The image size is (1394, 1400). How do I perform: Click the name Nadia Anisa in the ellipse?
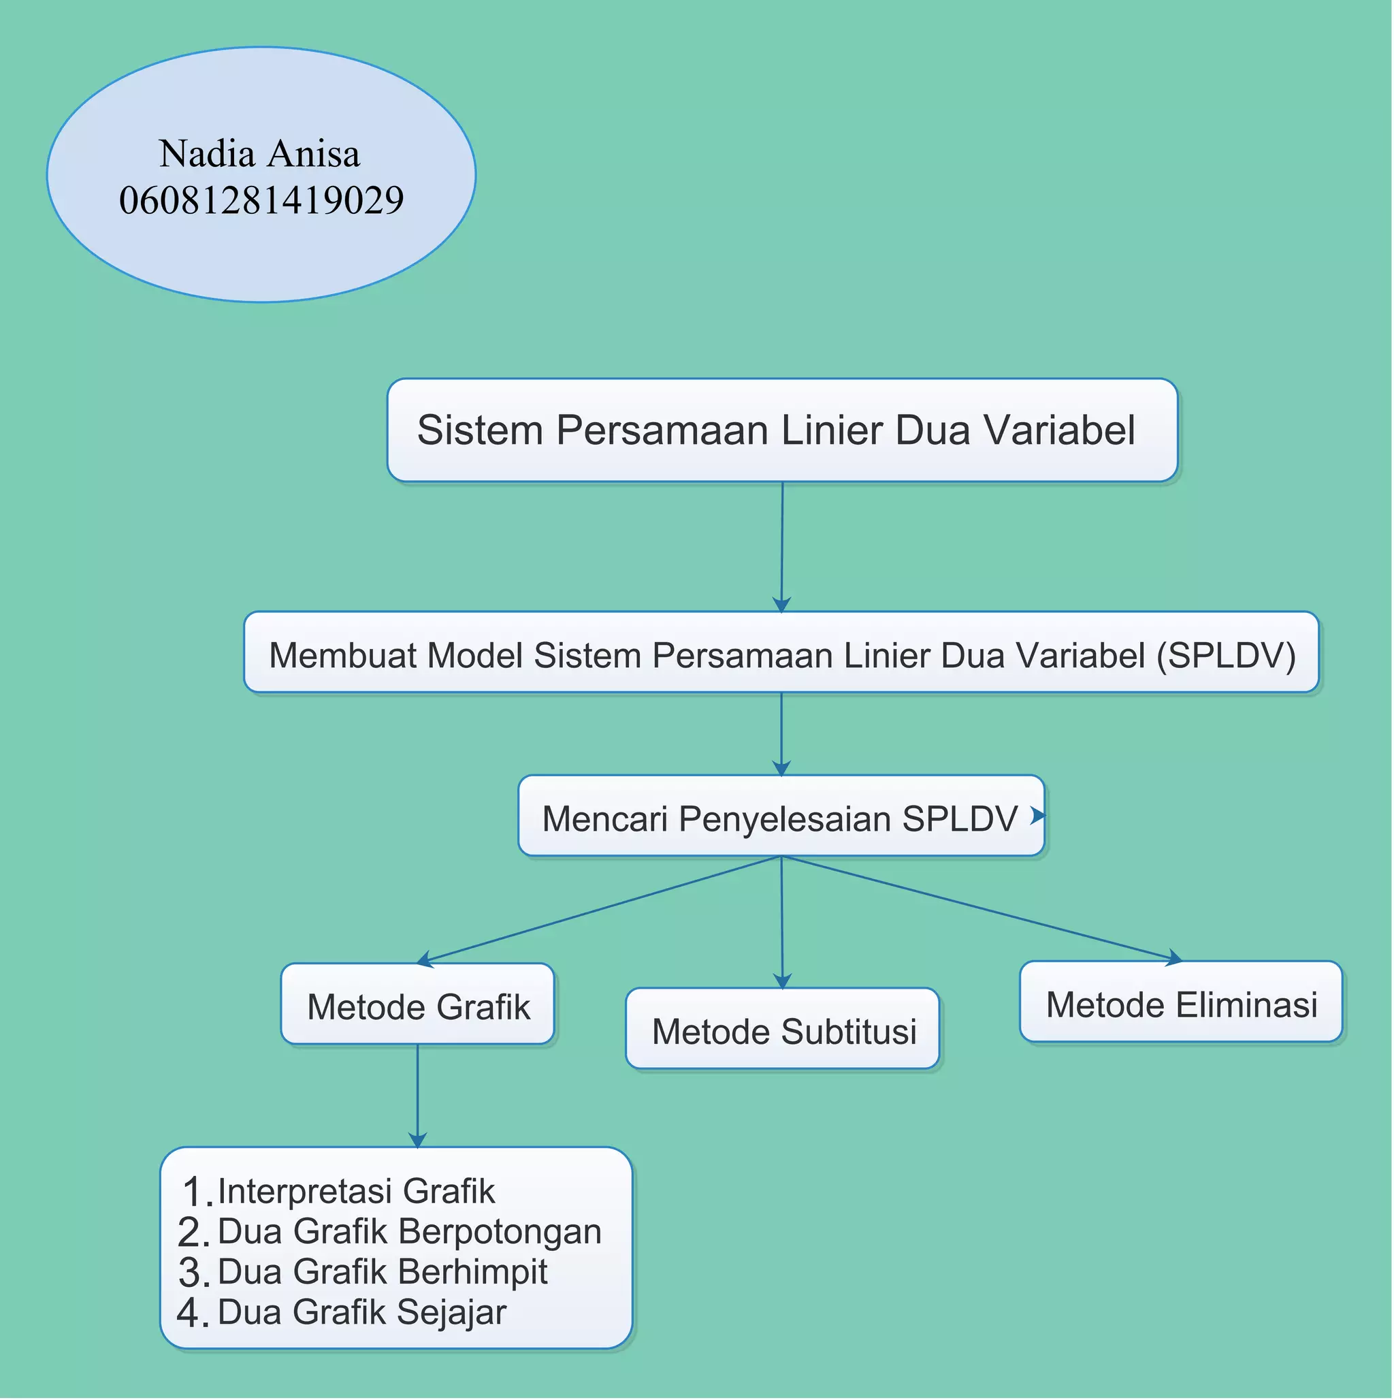[x=259, y=154]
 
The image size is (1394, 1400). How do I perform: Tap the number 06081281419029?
[x=261, y=200]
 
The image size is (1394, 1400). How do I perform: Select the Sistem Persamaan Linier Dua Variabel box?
[x=782, y=430]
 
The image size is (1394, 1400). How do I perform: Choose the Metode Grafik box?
[x=418, y=1006]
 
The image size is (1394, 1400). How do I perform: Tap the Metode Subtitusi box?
[x=783, y=1031]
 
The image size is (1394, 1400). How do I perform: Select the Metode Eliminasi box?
[x=1181, y=1005]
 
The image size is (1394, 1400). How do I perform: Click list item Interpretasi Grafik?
[x=356, y=1192]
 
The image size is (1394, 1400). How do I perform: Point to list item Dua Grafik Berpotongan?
[x=409, y=1231]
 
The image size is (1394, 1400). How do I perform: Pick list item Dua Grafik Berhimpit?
[x=382, y=1272]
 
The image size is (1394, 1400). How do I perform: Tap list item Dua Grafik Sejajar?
[x=361, y=1312]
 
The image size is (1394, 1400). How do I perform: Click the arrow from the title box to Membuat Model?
[x=782, y=547]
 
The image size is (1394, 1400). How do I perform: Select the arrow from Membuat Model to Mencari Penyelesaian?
[x=781, y=734]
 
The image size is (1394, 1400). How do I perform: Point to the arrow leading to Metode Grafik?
[x=598, y=910]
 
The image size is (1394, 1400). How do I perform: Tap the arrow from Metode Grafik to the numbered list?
[x=417, y=1096]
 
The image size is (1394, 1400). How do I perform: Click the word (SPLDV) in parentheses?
[x=1226, y=655]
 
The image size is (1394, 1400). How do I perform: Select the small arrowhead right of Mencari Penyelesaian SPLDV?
[x=1037, y=815]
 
